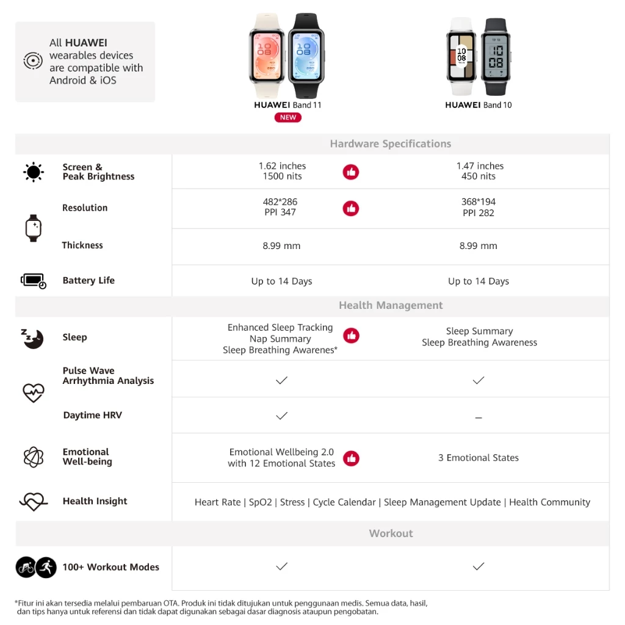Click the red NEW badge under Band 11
click(x=288, y=118)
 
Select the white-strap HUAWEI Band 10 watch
click(x=461, y=56)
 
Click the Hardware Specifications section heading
click(x=391, y=144)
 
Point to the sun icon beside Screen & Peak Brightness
click(x=34, y=172)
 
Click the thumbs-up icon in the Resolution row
click(x=350, y=209)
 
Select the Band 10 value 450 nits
click(x=479, y=176)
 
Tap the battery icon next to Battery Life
click(x=34, y=281)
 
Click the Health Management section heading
click(x=391, y=305)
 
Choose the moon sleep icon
click(x=33, y=338)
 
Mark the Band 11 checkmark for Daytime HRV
click(x=281, y=416)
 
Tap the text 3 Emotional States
click(x=479, y=458)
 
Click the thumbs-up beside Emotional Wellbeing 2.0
click(x=351, y=458)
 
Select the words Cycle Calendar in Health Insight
click(x=344, y=502)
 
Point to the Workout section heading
click(x=391, y=533)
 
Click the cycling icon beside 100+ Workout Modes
click(x=25, y=567)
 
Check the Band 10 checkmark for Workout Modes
click(x=479, y=566)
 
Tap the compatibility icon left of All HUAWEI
click(x=33, y=61)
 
